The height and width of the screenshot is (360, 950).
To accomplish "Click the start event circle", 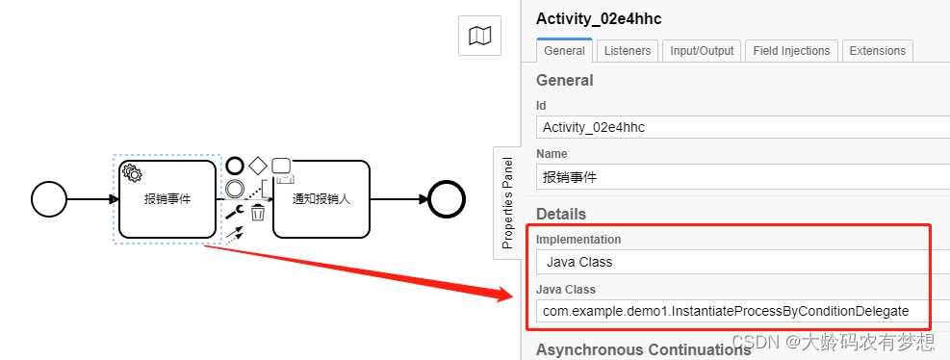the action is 49,199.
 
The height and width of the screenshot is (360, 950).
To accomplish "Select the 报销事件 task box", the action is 167,199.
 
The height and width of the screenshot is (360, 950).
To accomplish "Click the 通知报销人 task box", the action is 321,199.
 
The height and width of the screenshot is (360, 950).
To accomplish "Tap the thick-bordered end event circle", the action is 447,199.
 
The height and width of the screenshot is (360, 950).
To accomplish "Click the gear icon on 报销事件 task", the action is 132,173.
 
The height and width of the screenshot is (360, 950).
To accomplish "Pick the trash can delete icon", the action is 258,213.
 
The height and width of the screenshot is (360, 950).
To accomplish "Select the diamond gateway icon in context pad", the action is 258,166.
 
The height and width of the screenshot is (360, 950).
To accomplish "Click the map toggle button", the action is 479,37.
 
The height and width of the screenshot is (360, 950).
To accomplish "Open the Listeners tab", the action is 627,50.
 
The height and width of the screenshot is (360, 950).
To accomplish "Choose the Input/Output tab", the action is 702,50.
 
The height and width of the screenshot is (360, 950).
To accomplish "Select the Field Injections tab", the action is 791,50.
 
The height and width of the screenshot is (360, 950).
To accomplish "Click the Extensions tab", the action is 878,50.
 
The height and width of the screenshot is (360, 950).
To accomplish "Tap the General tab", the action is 564,50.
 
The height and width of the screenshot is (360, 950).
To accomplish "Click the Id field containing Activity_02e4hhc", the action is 741,126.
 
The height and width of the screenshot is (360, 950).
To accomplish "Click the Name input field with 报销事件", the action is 741,177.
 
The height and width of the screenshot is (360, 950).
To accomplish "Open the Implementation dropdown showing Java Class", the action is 741,261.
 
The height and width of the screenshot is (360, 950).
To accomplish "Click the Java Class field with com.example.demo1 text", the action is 741,311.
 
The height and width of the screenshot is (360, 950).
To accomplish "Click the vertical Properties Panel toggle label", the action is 507,203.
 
